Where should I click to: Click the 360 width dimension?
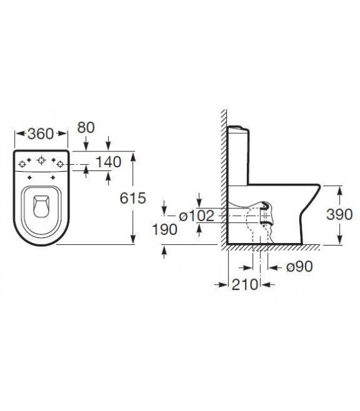(41, 134)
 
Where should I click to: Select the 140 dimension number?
(107, 162)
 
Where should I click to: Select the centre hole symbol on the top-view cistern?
(42, 160)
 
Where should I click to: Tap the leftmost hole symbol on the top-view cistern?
(23, 164)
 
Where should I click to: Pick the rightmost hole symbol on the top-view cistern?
(60, 164)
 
